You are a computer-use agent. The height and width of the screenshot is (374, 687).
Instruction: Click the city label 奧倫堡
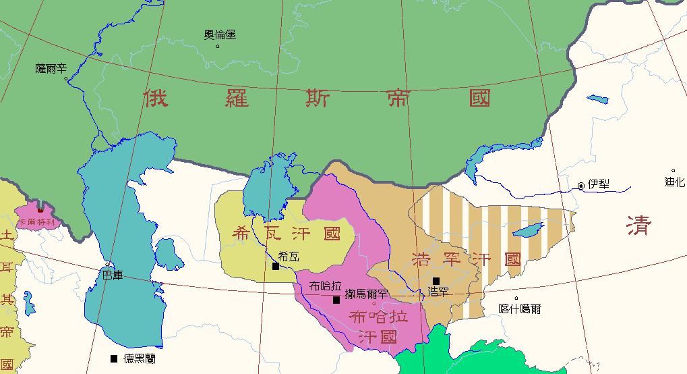pos(220,35)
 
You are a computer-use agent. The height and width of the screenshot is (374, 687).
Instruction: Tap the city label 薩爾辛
pos(51,69)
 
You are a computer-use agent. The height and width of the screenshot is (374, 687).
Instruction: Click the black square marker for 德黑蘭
pos(113,358)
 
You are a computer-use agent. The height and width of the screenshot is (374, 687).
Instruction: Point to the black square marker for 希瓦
pos(276,267)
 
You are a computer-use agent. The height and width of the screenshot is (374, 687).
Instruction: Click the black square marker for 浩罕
pos(436,281)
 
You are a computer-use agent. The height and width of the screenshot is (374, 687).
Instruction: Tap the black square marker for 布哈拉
pos(336,300)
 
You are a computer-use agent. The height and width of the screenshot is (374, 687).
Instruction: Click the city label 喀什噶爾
pos(519,309)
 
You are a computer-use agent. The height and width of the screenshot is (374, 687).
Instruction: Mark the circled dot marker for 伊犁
pos(580,186)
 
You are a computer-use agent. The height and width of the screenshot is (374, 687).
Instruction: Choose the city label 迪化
pos(674,182)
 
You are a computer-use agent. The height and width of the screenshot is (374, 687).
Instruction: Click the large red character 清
pos(638,225)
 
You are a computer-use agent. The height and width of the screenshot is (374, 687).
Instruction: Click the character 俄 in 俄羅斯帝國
pos(155,99)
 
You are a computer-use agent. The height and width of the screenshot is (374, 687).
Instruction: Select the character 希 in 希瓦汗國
pos(241,234)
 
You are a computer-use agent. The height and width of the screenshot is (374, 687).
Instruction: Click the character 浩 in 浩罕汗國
pos(422,259)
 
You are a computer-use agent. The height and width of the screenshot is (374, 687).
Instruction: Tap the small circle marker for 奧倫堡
pos(217,46)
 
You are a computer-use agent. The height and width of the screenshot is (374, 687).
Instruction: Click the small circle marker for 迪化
pos(673,171)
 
